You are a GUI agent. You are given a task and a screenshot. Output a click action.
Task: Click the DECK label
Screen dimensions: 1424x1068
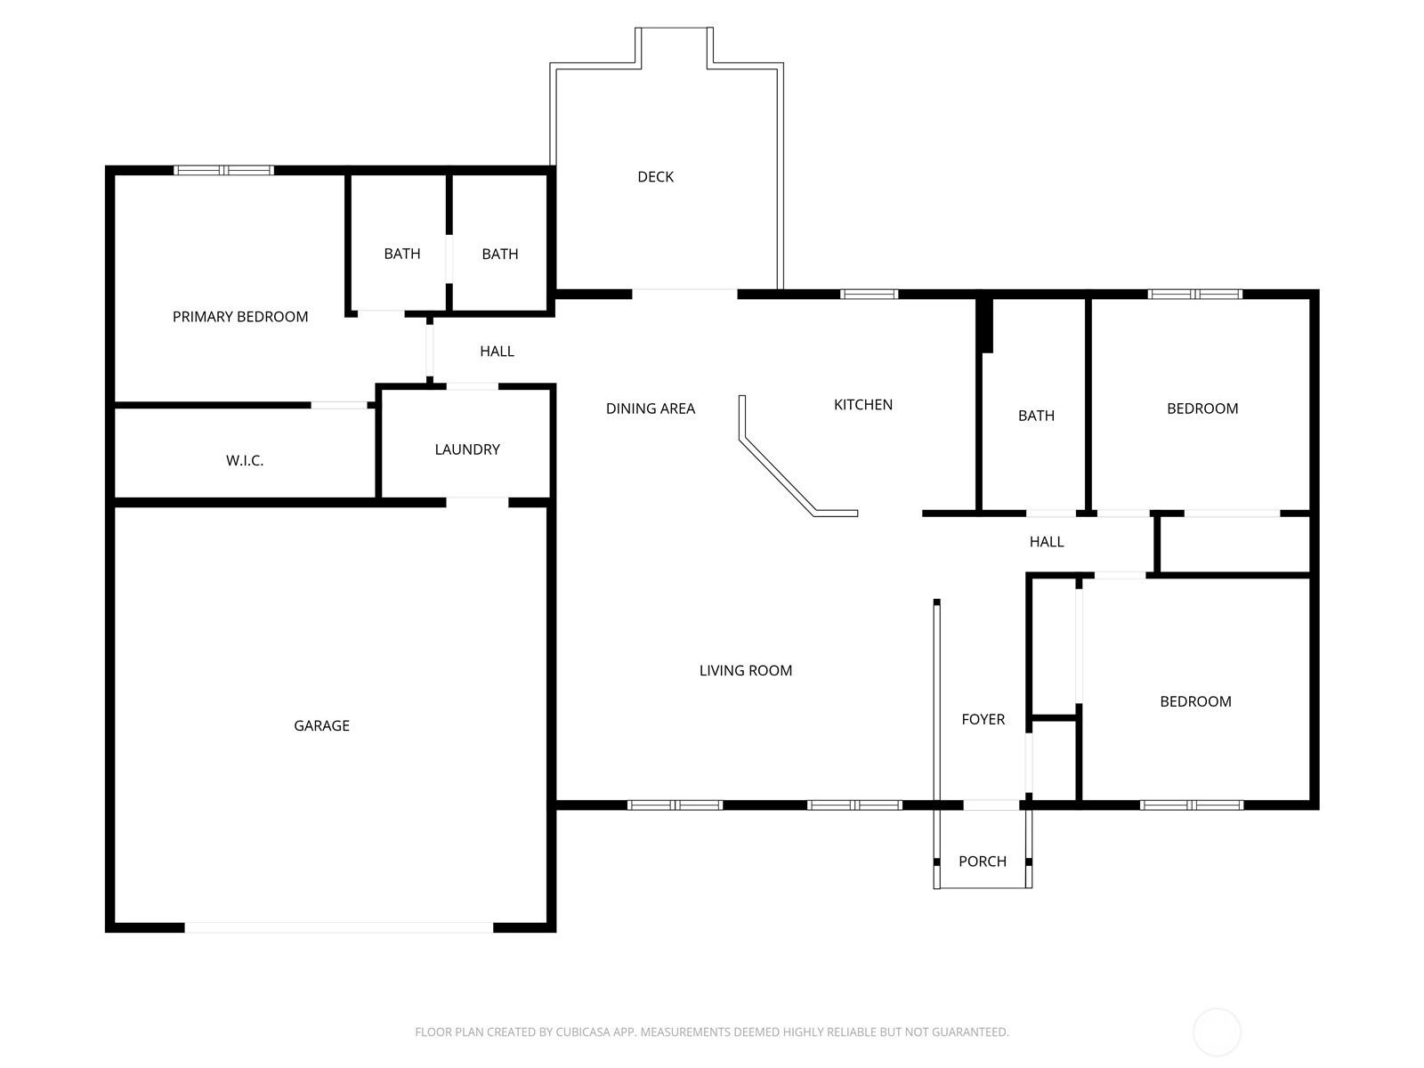(x=655, y=176)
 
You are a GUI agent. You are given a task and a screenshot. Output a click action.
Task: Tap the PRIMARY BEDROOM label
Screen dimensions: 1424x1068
(x=240, y=317)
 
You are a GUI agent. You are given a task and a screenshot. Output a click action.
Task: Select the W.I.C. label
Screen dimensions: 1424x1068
(x=245, y=460)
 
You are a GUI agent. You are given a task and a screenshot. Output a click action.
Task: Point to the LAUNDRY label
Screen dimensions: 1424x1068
(x=467, y=449)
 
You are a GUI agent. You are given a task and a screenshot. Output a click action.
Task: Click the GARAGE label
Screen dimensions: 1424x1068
(x=321, y=725)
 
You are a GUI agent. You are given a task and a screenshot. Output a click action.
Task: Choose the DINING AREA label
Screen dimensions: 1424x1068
(x=650, y=409)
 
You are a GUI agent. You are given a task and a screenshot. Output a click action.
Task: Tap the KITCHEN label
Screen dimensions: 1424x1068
(x=862, y=405)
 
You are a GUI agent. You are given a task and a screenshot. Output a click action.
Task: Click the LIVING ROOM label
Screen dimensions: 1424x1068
(x=746, y=670)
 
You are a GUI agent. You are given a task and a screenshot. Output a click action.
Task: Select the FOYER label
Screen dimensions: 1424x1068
(x=983, y=719)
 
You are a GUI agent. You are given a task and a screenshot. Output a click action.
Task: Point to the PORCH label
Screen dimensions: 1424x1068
(x=983, y=862)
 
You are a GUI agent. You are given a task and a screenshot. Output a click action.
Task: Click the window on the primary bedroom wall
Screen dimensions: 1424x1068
(x=223, y=171)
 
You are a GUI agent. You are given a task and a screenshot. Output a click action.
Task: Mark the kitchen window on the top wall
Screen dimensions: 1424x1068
(x=870, y=295)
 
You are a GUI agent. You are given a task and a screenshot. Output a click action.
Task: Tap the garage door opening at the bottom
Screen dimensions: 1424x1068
(x=339, y=927)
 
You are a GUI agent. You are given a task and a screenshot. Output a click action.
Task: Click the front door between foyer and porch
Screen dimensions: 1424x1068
(x=991, y=805)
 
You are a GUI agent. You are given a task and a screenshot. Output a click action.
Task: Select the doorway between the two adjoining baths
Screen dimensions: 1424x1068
(x=449, y=259)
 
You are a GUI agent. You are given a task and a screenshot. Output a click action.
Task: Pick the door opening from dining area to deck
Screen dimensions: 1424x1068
(x=685, y=295)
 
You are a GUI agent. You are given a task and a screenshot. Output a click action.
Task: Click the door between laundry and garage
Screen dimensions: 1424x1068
(x=477, y=502)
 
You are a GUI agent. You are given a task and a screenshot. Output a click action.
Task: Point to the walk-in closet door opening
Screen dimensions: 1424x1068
(x=339, y=405)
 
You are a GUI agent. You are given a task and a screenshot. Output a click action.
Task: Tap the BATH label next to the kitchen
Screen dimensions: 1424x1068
(x=1036, y=416)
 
